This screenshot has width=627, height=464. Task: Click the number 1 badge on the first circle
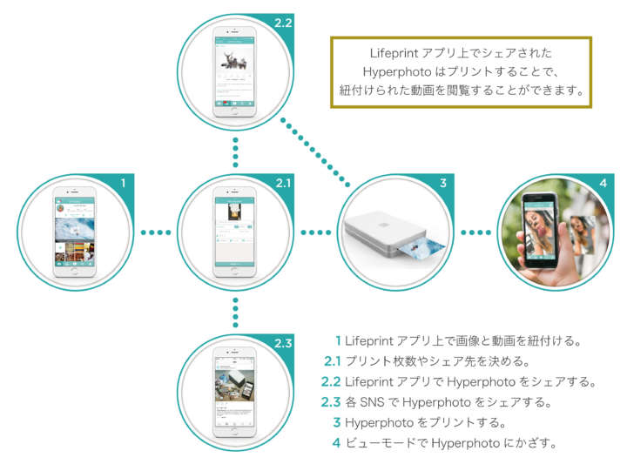(124, 184)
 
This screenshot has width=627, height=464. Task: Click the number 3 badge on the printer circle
(442, 184)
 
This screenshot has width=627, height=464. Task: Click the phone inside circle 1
(74, 232)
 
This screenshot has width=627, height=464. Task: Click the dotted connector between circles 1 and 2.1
(155, 232)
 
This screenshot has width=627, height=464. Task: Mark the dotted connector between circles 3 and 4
(475, 232)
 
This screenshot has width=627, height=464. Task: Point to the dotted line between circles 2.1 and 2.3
(235, 311)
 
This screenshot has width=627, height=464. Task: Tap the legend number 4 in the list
(336, 443)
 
